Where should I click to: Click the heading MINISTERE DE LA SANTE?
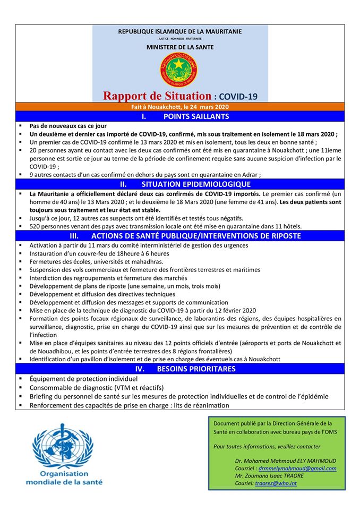(180, 47)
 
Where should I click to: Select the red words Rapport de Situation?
(157, 96)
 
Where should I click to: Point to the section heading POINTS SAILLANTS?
(196, 116)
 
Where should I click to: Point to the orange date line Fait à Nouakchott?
(180, 107)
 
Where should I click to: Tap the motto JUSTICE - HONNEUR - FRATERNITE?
(180, 39)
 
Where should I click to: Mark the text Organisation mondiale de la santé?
(64, 478)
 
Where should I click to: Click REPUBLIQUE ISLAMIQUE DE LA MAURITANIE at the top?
(180, 31)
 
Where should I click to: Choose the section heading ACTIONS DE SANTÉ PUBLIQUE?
(196, 235)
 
